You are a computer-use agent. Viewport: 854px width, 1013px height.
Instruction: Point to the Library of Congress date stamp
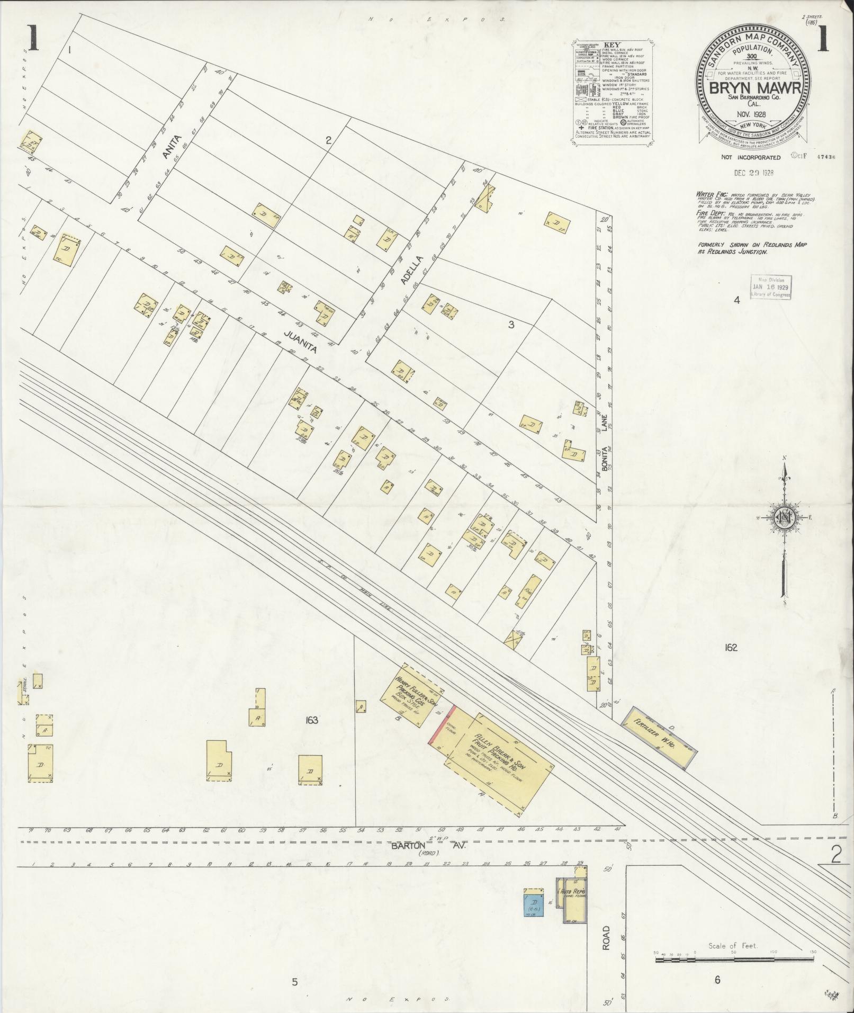pyautogui.click(x=771, y=288)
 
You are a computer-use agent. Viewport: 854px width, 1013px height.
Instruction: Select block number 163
pyautogui.click(x=311, y=720)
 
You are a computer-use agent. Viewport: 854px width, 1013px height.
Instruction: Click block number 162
pyautogui.click(x=731, y=647)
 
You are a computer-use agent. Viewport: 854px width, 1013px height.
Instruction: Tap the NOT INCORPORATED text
pyautogui.click(x=750, y=157)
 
